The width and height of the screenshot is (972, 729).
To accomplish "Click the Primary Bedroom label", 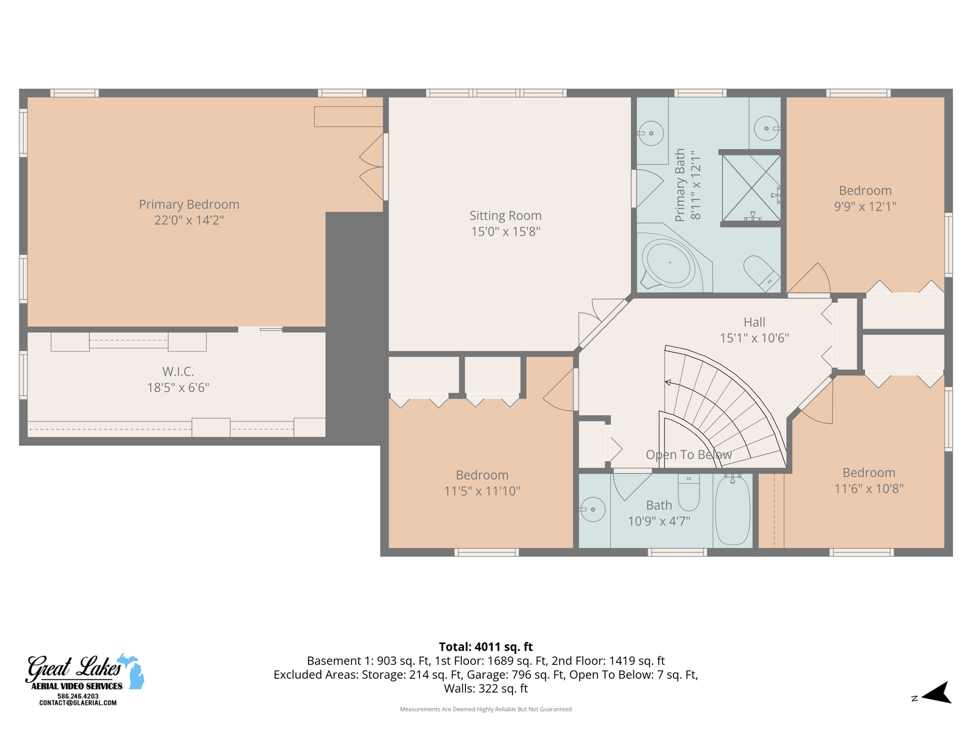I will (189, 204).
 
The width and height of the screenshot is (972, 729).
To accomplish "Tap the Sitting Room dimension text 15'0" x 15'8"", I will (505, 232).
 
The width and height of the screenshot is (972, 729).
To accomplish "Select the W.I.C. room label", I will (178, 372).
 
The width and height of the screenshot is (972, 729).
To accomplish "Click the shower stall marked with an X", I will (751, 188).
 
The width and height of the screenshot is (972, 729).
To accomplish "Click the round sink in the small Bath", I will (593, 509).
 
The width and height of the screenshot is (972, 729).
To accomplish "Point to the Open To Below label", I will (689, 455).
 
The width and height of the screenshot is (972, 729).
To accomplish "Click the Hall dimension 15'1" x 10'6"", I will (754, 338).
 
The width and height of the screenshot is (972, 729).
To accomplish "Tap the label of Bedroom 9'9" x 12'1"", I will (865, 191).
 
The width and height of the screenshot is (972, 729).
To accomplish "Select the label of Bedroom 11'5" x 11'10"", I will (482, 475).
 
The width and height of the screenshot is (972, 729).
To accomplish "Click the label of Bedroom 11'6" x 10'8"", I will (869, 473).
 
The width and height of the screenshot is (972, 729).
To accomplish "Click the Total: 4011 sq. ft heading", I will (486, 647).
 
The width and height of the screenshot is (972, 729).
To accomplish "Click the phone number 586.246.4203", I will (78, 696).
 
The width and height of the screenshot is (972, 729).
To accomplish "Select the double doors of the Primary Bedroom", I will (373, 167).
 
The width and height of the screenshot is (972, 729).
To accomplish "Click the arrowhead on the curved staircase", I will (668, 382).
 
